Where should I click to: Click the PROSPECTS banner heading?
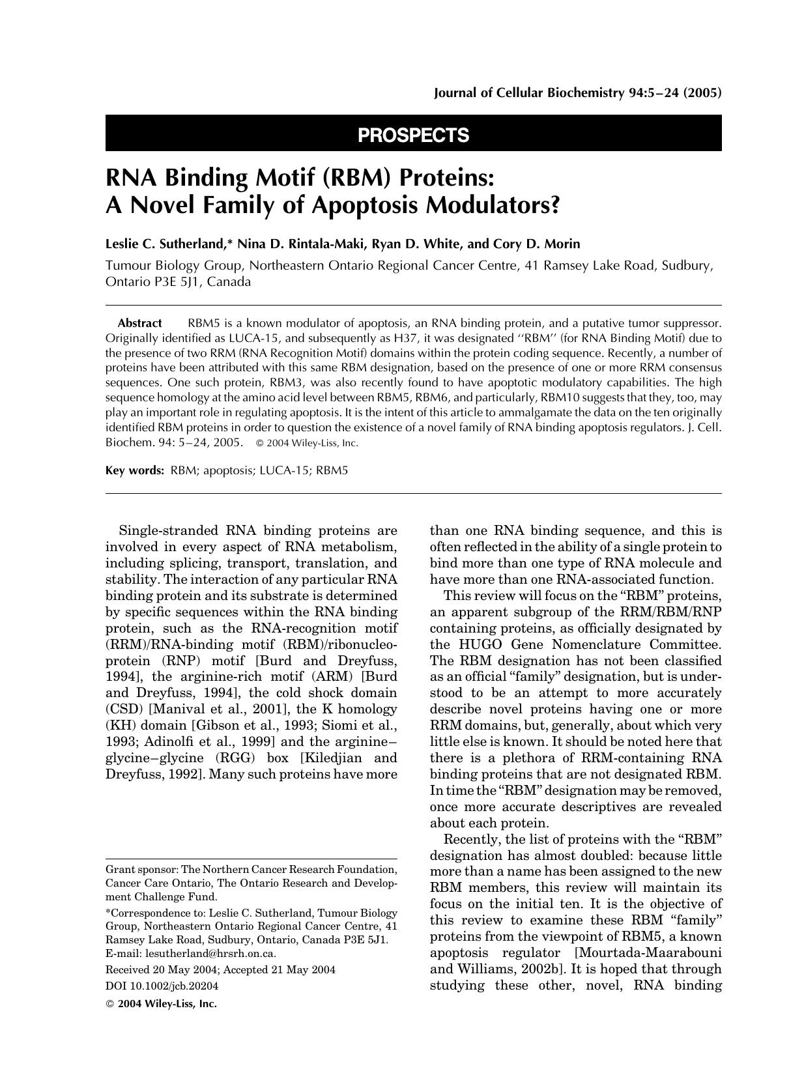coord(413,135)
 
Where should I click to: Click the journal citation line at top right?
coord(577,93)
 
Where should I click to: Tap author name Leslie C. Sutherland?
coord(165,244)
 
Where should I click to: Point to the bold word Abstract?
coord(139,323)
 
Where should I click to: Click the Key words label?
coord(135,470)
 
